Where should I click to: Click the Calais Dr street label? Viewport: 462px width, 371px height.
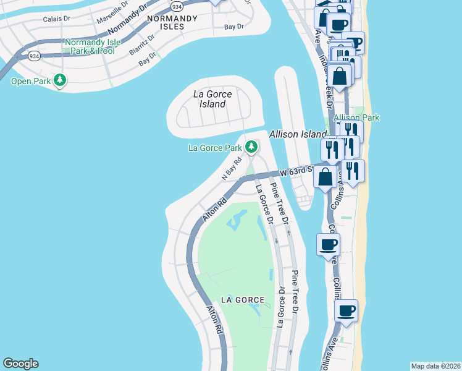coord(57,19)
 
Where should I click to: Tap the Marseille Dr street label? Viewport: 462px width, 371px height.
coord(112,13)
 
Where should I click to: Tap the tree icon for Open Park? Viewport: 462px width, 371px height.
coord(60,80)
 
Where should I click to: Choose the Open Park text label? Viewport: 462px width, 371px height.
coord(30,80)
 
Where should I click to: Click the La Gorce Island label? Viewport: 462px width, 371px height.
coord(212,99)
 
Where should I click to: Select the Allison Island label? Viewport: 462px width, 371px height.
coord(297,134)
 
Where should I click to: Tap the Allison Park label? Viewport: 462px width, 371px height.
coord(356,117)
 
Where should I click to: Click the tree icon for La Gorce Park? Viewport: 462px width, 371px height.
coord(251,147)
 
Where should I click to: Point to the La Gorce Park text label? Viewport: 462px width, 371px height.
coord(215,148)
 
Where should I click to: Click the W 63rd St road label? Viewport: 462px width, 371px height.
coord(295,171)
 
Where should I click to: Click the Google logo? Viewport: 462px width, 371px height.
coord(20,364)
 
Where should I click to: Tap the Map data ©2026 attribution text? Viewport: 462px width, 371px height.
coord(435,366)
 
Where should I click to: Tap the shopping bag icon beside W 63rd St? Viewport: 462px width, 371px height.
coord(325,177)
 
